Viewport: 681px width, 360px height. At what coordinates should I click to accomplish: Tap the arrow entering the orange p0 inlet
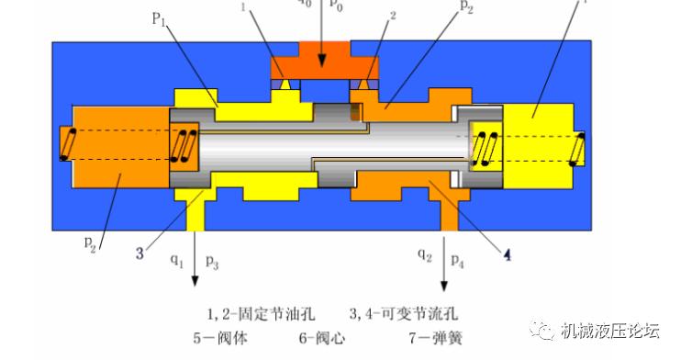322,46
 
